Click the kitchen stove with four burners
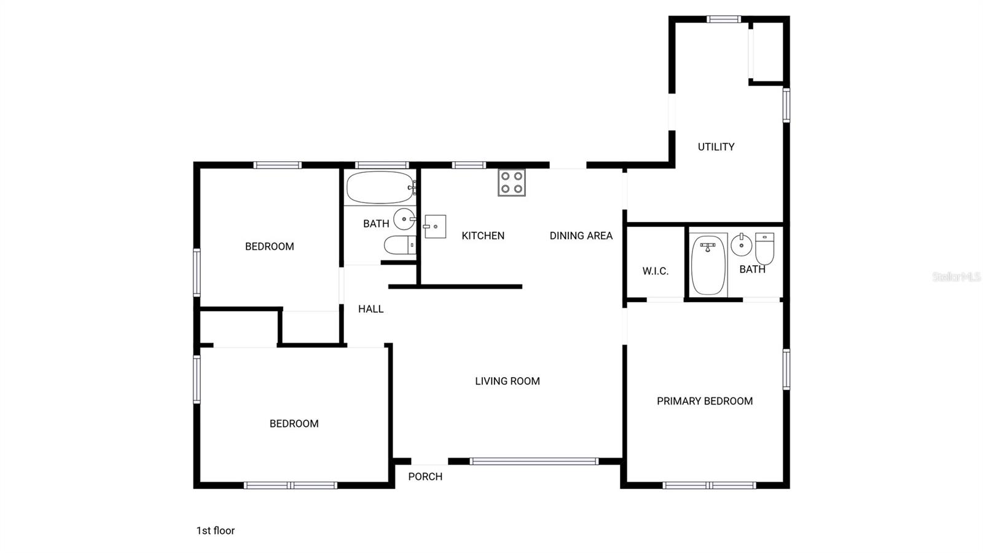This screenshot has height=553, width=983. [511, 183]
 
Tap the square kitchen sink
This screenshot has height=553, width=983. [435, 227]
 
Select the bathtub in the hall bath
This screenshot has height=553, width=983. [380, 188]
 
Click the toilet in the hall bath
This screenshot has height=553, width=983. [400, 245]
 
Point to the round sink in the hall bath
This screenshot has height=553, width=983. [404, 219]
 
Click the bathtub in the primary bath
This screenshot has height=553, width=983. [708, 265]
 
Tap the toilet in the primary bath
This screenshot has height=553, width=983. [764, 248]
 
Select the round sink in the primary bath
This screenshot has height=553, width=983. [742, 245]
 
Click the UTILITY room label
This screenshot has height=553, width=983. [716, 147]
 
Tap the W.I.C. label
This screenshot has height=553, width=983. [655, 271]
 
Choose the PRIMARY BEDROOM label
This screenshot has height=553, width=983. [705, 401]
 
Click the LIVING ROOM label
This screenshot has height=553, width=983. [507, 381]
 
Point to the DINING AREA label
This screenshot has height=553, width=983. [581, 236]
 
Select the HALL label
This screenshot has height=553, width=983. [370, 309]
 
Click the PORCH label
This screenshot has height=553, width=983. [425, 477]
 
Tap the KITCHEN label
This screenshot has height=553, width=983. [483, 236]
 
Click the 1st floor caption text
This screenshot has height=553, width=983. [216, 530]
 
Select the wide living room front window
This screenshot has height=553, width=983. [534, 461]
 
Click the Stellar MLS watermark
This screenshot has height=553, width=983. [956, 277]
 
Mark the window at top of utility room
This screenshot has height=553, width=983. [724, 19]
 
